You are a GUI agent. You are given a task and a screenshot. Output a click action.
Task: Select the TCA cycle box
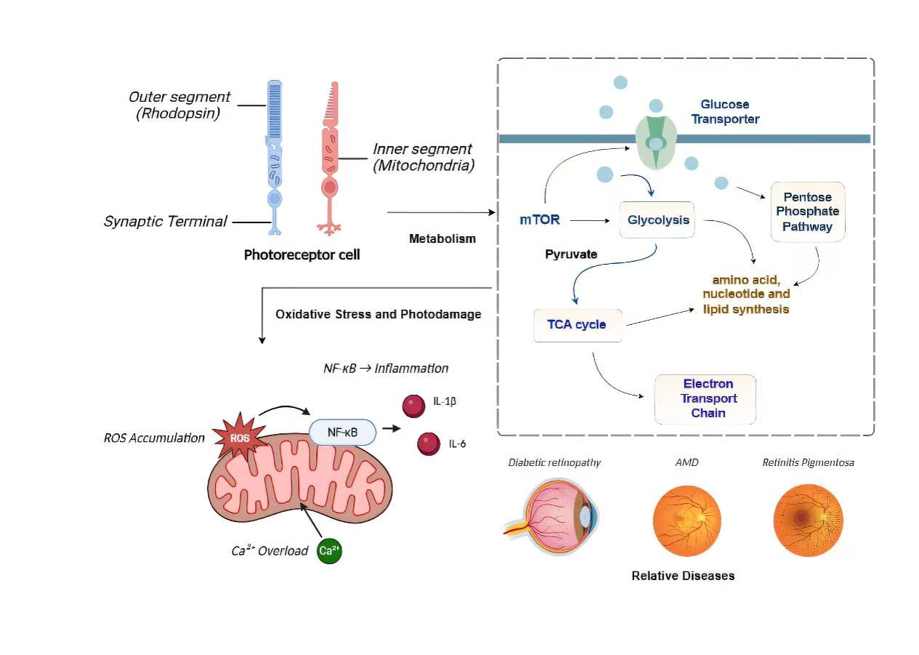(578, 324)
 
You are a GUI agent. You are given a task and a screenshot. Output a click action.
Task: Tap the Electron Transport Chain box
(705, 398)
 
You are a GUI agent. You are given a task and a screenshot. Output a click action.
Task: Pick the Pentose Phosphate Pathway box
(807, 212)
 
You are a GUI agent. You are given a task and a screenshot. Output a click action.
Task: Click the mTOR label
(540, 220)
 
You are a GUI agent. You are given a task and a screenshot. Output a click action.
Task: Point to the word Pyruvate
(571, 254)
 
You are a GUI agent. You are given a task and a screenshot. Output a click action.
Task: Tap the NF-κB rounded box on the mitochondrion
(343, 433)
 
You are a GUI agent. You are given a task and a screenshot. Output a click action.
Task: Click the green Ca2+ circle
(329, 551)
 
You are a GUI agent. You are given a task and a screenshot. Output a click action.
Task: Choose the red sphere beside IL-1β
(414, 405)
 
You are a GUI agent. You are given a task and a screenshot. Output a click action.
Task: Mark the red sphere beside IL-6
(429, 443)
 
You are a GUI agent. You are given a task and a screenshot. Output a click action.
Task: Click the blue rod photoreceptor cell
(275, 156)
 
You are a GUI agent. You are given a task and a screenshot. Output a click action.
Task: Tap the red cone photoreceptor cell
(331, 156)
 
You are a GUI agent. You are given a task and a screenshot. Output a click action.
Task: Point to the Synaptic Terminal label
(166, 222)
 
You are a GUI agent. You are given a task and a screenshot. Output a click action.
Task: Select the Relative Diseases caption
(683, 576)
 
